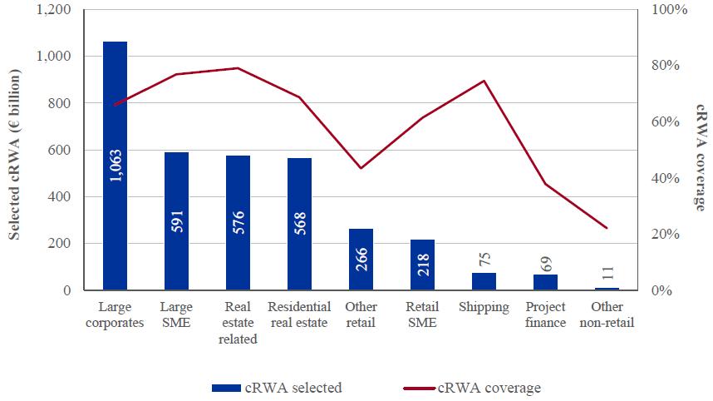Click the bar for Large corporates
(115, 166)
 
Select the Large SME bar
(176, 221)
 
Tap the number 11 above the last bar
(607, 271)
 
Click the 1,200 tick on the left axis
(55, 10)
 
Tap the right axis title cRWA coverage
(699, 158)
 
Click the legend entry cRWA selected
(277, 387)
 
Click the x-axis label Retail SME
(422, 314)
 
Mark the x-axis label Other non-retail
(607, 314)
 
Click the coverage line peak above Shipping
(484, 81)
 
